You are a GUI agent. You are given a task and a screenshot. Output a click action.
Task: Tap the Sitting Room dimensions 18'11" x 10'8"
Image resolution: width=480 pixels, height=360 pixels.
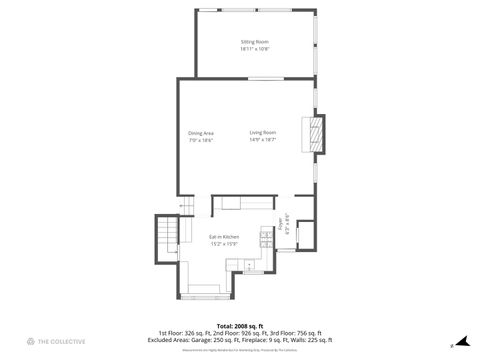[x=254, y=49]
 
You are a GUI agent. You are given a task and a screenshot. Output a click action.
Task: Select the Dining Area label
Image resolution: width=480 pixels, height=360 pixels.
[x=200, y=133]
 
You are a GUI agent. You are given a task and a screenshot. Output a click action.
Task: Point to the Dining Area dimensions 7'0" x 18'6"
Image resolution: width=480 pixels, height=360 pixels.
[x=200, y=140]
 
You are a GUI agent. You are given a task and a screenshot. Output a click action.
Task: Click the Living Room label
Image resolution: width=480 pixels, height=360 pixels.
[x=263, y=133]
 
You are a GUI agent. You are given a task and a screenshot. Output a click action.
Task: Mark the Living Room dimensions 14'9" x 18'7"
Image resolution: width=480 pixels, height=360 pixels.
[x=263, y=140]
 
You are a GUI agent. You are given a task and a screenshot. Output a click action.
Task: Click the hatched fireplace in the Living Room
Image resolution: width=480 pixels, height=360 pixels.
[x=314, y=135]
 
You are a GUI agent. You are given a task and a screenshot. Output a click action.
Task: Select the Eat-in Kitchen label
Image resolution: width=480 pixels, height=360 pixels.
[x=224, y=237]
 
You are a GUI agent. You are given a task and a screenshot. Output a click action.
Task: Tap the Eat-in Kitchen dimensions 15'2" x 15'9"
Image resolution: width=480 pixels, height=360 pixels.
[x=224, y=244]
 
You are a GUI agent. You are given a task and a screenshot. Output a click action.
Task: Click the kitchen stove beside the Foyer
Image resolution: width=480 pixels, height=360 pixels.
[x=264, y=240]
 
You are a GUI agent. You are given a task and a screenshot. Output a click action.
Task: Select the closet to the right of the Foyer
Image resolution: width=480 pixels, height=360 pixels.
[x=304, y=234]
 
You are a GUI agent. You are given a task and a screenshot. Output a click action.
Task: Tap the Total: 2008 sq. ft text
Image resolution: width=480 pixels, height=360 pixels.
[x=239, y=326]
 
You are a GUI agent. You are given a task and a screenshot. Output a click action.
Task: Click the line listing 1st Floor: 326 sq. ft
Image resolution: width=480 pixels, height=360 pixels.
[x=239, y=333]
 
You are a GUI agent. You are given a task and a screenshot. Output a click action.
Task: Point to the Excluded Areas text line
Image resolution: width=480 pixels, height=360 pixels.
[x=239, y=340]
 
